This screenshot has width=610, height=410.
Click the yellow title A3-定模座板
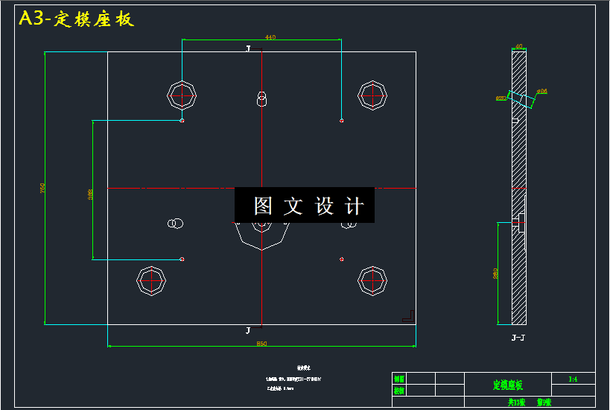tap(77, 19)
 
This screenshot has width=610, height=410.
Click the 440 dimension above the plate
tap(270, 37)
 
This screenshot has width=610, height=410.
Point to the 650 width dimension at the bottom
tap(261, 344)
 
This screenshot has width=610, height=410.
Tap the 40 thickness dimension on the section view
tap(519, 46)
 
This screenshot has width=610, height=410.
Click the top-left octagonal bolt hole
tap(181, 95)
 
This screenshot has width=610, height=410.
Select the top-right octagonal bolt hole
tap(372, 95)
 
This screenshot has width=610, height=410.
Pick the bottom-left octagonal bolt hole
tap(150, 280)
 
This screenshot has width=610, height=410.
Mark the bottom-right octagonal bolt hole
tap(372, 280)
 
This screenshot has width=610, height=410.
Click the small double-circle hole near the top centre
tap(261, 98)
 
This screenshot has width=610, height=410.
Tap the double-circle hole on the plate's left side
tap(176, 223)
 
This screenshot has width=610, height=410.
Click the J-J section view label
tap(518, 338)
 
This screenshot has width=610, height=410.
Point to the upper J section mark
tap(249, 48)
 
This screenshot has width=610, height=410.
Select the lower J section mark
tap(249, 329)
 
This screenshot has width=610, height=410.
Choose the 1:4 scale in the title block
tap(573, 379)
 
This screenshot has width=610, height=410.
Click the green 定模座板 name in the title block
tap(508, 385)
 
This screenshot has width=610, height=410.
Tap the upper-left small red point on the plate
tap(182, 121)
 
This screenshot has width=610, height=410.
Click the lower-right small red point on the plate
tap(341, 259)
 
